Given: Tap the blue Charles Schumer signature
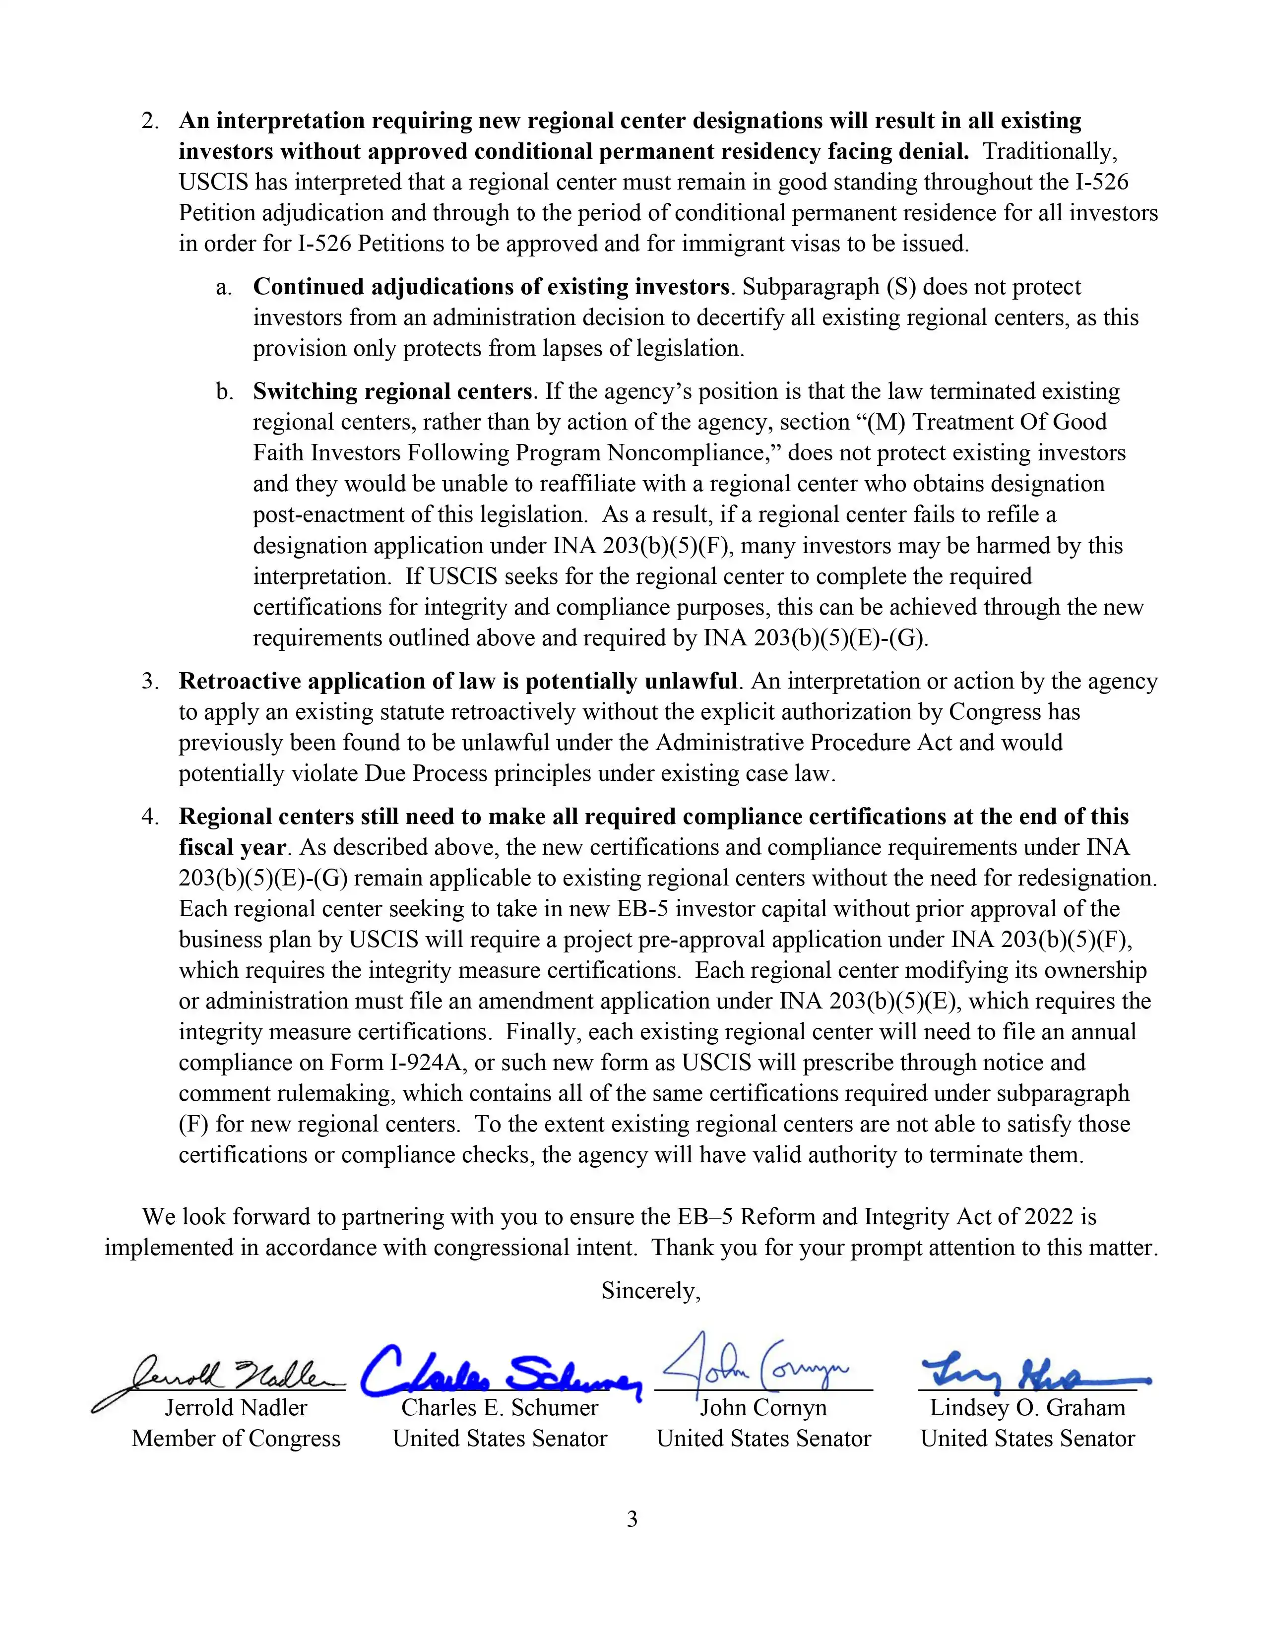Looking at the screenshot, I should coord(501,1373).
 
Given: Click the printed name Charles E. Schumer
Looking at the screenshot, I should coord(500,1408).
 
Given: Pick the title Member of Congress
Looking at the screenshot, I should coord(236,1439).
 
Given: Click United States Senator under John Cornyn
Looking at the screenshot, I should coord(763,1439).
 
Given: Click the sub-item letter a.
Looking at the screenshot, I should coord(223,287).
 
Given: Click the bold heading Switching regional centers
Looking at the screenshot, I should coord(392,391).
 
